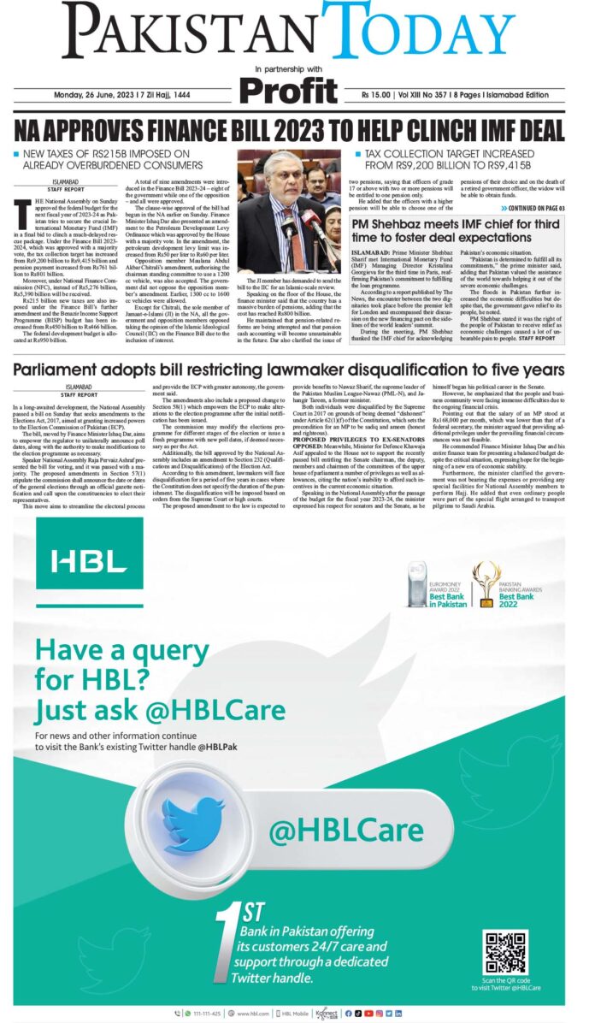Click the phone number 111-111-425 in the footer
pyautogui.click(x=207, y=1013)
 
